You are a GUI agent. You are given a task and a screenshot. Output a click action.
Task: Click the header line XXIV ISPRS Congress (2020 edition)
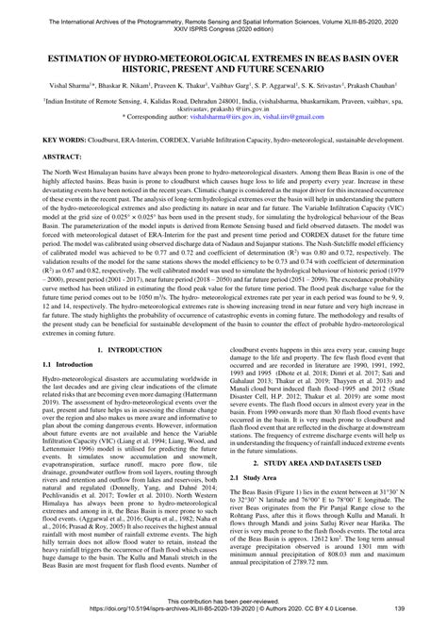tap(223, 20)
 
